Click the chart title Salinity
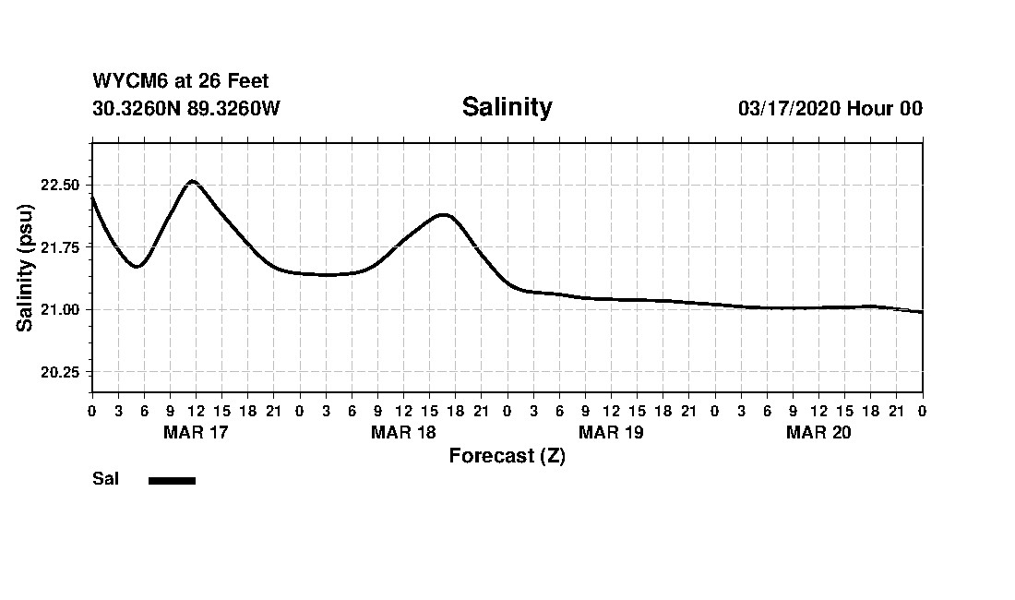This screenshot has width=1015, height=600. tap(507, 107)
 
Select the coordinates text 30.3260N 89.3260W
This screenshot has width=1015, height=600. tap(185, 109)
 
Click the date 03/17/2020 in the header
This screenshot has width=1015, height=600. tap(789, 109)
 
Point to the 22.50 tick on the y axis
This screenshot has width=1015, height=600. tap(61, 185)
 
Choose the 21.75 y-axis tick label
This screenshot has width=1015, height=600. tap(61, 247)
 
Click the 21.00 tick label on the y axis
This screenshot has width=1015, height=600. tap(61, 309)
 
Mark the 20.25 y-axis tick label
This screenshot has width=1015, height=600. tap(61, 372)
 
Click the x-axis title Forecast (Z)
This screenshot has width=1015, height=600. tap(507, 456)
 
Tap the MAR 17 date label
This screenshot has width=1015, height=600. tap(196, 433)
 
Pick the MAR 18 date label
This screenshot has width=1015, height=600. tap(403, 433)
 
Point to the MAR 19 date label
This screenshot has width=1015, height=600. tap(611, 433)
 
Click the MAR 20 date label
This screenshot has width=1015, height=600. tap(818, 433)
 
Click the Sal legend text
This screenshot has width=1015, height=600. tap(105, 479)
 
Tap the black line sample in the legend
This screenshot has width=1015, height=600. tap(172, 480)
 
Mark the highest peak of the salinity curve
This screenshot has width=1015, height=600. tap(192, 181)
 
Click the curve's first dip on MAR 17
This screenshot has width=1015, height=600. tap(137, 266)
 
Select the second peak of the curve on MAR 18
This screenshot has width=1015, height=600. tap(445, 215)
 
